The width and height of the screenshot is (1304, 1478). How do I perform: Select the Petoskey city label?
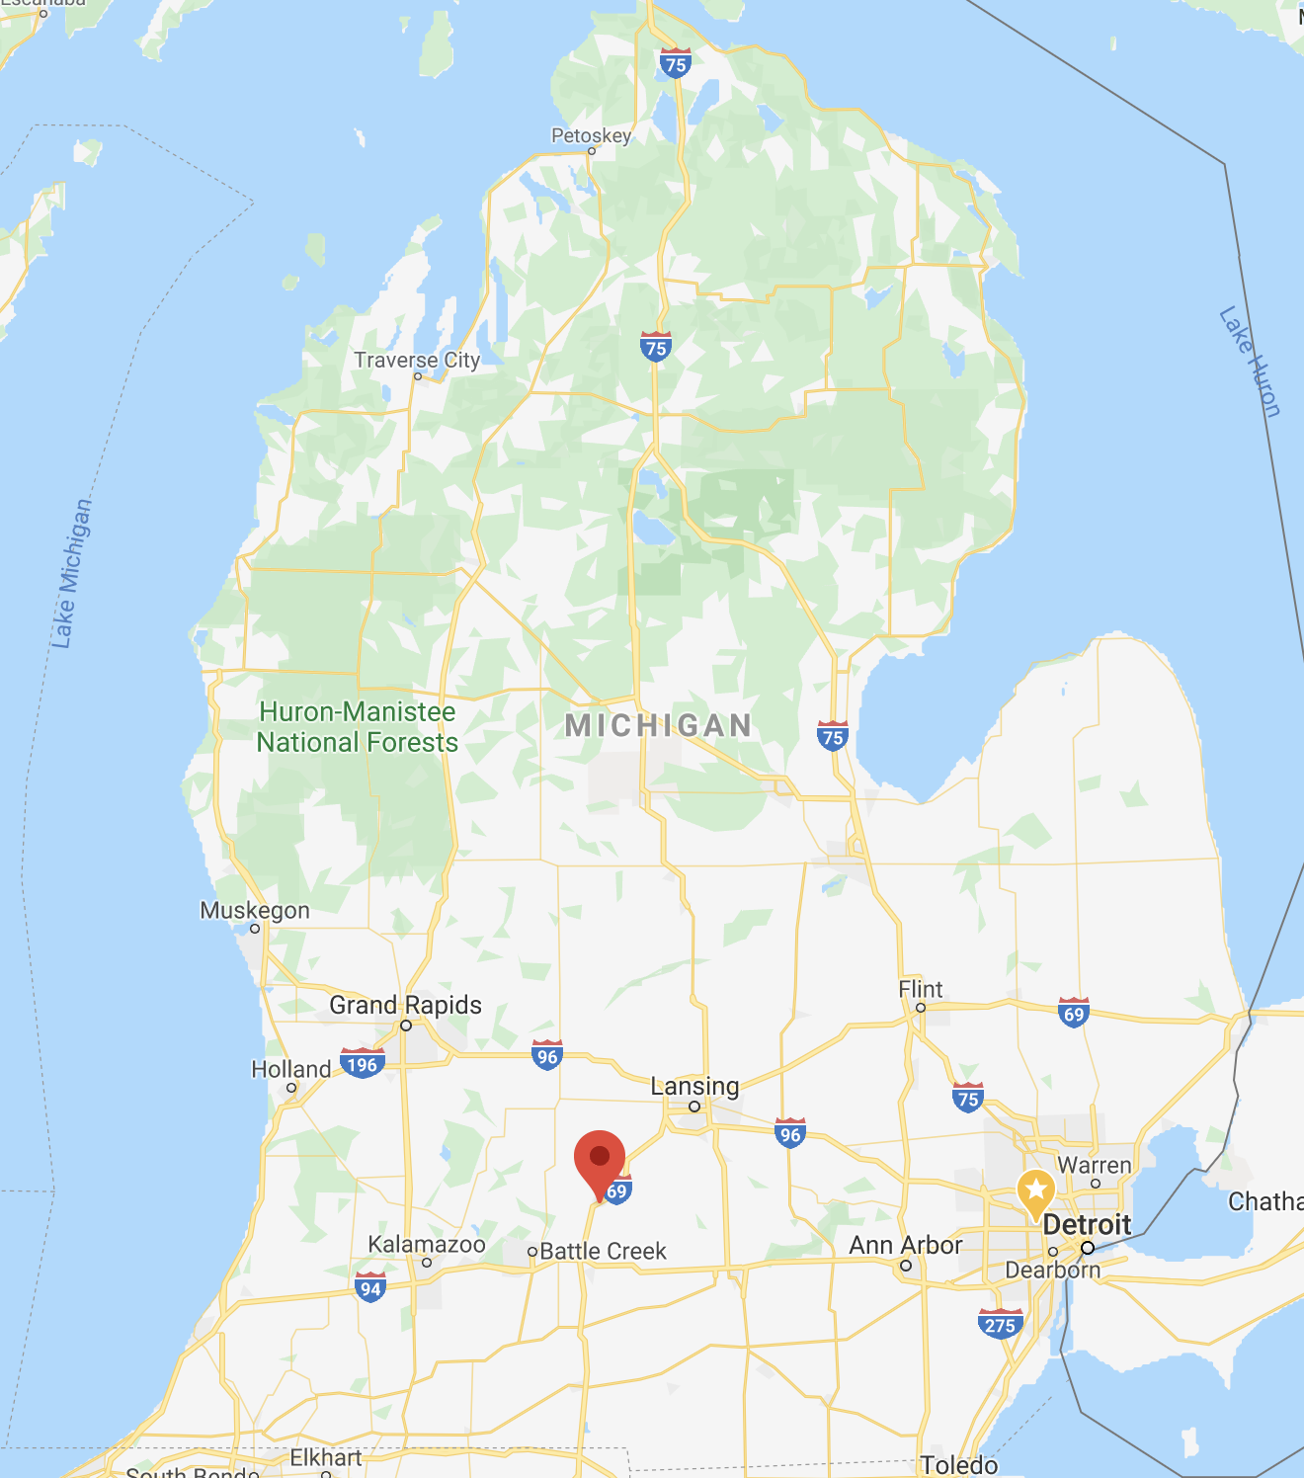591,136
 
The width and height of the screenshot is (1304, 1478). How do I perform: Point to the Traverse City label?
417,361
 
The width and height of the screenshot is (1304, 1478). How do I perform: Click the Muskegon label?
255,911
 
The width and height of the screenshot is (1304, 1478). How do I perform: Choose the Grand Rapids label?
405,1006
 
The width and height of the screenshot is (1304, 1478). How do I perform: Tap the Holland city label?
290,1070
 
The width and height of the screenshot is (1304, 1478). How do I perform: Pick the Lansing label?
694,1087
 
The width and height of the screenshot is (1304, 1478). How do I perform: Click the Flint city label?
920,990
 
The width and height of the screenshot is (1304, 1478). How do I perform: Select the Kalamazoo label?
427,1245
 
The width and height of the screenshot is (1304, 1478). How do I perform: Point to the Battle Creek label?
603,1252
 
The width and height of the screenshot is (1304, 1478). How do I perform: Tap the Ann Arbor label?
905,1246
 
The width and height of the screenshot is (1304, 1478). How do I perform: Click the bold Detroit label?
1087,1225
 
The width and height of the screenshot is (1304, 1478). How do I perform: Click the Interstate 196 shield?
363,1064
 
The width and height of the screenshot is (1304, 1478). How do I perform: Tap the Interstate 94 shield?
370,1287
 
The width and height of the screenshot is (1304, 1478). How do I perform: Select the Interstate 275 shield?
1000,1325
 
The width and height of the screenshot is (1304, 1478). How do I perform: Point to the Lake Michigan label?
71,574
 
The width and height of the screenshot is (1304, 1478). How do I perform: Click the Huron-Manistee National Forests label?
358,727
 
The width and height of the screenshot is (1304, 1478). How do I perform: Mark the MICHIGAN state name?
658,726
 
